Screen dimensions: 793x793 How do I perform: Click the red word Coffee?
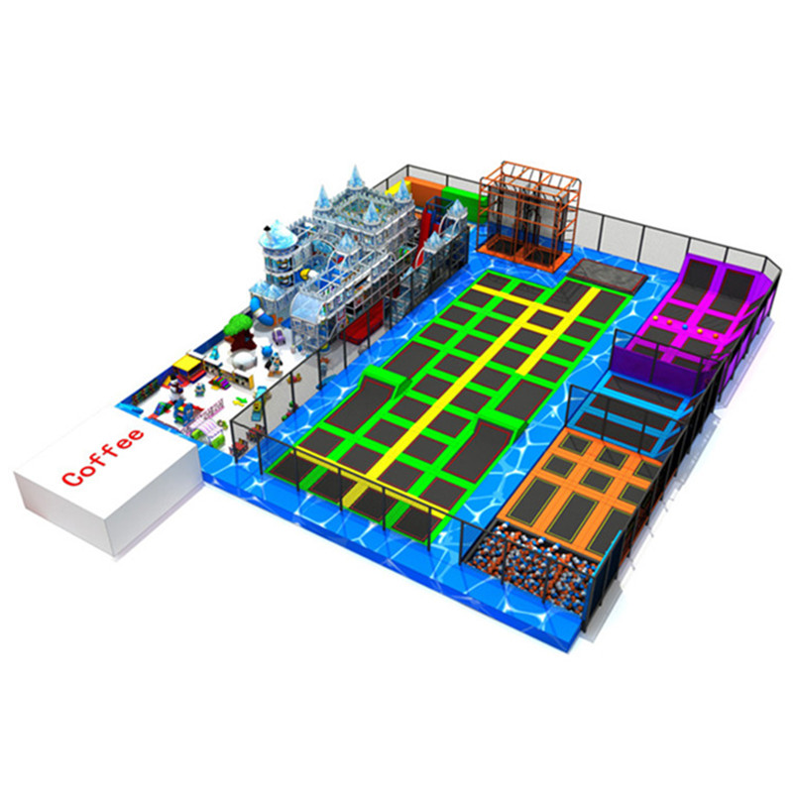(103, 457)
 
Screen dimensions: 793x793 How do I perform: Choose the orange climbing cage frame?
(529, 214)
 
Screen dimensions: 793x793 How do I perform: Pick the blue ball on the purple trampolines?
(685, 327)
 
